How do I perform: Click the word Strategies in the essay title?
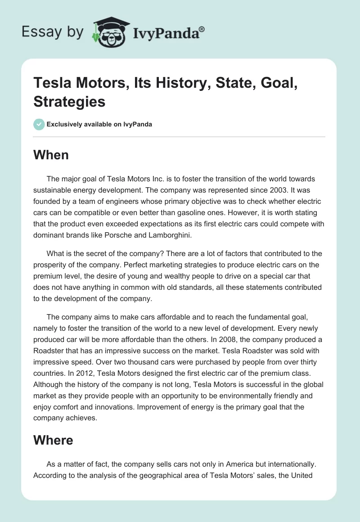tap(69, 101)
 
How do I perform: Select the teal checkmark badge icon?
tap(39, 124)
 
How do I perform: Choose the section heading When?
tap(51, 155)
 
